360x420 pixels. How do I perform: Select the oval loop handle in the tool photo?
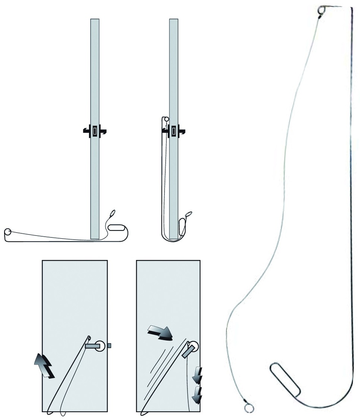coord(285,378)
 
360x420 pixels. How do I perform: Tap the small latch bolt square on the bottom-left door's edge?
coord(109,346)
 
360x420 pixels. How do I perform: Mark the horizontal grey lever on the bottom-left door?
coord(93,346)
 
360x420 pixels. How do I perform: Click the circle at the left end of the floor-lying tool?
coord(8,232)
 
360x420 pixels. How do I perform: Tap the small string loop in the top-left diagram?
coord(112,214)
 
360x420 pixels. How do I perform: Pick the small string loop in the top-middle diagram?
coord(188,214)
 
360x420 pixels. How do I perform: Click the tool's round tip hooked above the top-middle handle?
coord(165,120)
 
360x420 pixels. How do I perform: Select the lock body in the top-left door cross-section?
coord(95,131)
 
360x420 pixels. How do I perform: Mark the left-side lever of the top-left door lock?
coord(86,131)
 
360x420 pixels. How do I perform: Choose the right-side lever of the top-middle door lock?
coord(183,131)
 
